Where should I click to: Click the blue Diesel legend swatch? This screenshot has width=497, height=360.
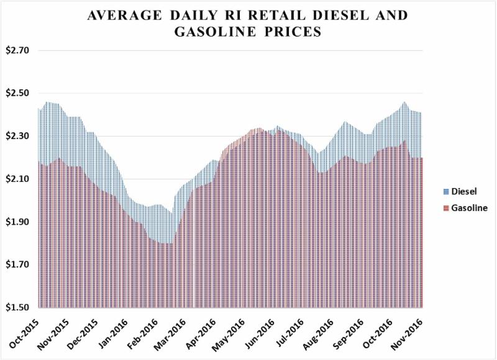[x=447, y=192]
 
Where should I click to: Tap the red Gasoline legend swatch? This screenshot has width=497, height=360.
[x=447, y=208]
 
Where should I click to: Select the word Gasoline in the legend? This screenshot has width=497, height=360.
[x=470, y=208]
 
